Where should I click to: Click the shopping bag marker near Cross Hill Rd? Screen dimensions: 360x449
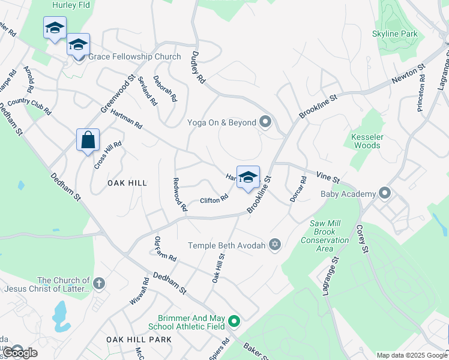88,140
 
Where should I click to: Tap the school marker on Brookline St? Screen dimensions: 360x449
248,178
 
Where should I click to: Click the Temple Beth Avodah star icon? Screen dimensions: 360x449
275,244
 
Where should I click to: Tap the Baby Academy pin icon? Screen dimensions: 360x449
385,193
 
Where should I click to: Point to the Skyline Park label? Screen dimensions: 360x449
394,34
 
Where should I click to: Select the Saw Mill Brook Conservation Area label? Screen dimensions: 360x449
330,236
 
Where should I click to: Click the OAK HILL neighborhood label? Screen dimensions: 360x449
127,182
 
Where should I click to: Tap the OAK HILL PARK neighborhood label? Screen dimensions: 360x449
139,340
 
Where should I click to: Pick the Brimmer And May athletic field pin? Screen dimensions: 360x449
234,322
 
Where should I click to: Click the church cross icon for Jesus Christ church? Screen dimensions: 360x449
98,282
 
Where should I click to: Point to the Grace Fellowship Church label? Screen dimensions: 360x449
134,57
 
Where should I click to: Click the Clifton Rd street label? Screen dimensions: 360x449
214,199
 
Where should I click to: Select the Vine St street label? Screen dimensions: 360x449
328,176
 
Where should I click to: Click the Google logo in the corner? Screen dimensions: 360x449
19,352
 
